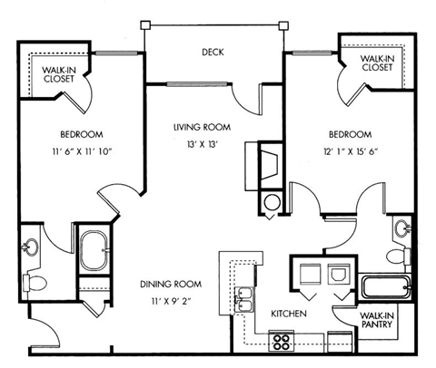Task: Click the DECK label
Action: (213, 53)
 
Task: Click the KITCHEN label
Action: (289, 313)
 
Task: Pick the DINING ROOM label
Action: (170, 283)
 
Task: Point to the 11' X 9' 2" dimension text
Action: (169, 299)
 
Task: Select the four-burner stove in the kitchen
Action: (282, 343)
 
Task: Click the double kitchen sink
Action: (244, 298)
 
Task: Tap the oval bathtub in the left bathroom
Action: (94, 252)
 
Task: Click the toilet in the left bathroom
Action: (34, 282)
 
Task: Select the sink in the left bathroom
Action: (32, 246)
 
